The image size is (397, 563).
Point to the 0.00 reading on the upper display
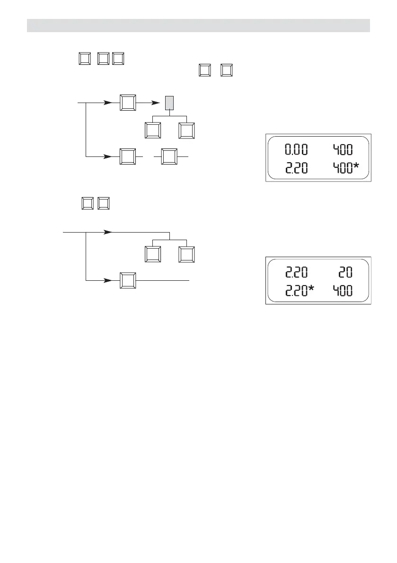295,150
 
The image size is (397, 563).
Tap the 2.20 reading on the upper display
295,168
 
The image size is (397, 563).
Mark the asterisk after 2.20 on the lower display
312,289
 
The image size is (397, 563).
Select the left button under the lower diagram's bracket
152,255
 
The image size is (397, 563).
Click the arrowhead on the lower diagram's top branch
108,232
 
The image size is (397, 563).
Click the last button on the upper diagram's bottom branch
169,156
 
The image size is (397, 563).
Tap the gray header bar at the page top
198,26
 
